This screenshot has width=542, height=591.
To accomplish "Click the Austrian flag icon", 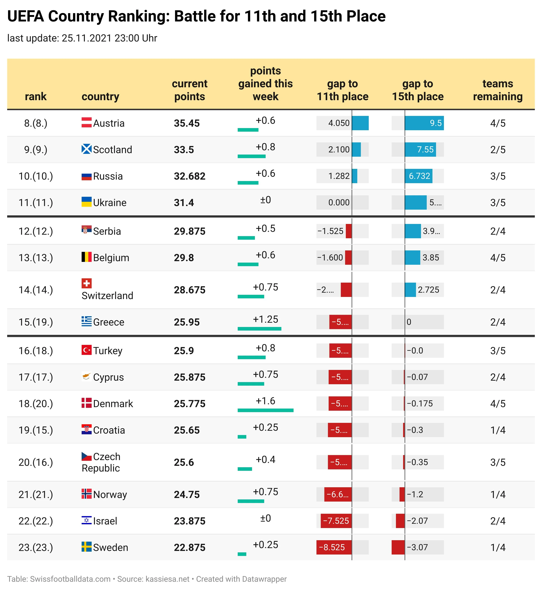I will click(86, 122).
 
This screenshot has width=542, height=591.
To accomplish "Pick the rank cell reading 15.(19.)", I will click(36, 322).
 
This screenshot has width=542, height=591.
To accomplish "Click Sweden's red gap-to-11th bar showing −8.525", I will click(334, 547).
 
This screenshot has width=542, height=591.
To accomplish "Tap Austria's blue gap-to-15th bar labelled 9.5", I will click(424, 123).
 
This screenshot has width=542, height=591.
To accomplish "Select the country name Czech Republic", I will click(101, 462).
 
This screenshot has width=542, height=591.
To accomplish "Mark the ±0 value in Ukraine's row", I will click(265, 200).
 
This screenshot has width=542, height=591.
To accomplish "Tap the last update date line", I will click(82, 38).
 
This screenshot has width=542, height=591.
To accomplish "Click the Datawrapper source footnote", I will click(147, 579).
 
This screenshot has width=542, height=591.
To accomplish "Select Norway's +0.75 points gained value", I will click(265, 492).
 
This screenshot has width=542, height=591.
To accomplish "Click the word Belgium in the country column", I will click(111, 258).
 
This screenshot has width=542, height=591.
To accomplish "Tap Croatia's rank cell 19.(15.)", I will click(36, 430).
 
